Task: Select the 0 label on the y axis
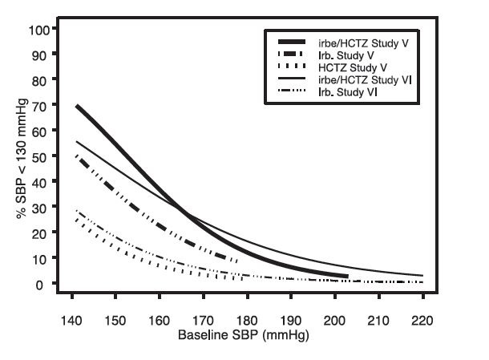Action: (x=46, y=284)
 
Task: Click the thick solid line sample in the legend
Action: (x=294, y=41)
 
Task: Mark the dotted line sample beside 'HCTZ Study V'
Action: (x=294, y=67)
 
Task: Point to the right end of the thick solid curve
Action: (x=347, y=277)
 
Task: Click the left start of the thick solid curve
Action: (x=77, y=106)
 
